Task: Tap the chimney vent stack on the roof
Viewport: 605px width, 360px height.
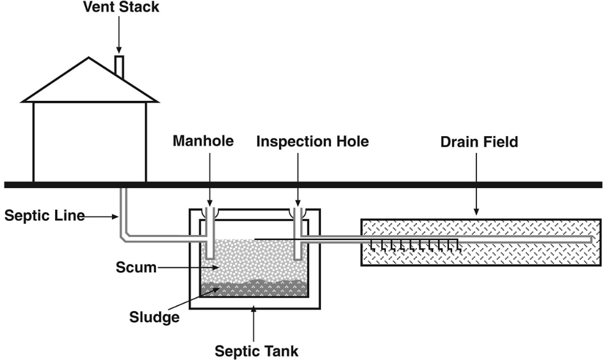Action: [119, 67]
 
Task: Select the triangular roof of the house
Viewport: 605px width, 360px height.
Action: [90, 84]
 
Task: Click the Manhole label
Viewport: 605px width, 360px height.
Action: [204, 142]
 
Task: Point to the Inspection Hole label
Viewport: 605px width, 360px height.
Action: [312, 142]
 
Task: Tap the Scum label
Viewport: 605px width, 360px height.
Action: [135, 268]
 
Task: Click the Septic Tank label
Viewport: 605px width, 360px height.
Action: [256, 351]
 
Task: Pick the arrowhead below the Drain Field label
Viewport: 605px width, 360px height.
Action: [476, 212]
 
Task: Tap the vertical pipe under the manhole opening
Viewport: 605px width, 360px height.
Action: [210, 238]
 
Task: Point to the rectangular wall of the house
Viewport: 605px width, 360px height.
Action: [90, 142]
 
